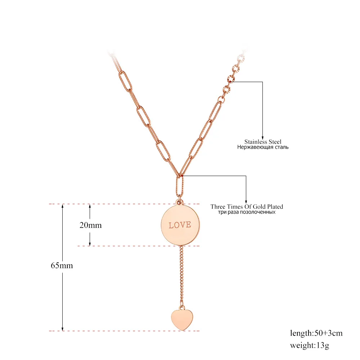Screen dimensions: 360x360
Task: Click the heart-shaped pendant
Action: click(180, 319)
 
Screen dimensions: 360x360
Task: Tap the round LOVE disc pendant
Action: click(180, 225)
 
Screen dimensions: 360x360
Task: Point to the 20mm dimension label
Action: click(90, 225)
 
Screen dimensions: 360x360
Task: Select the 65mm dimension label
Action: click(62, 266)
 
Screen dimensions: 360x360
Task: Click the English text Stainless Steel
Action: click(263, 142)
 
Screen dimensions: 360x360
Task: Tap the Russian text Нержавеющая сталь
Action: click(263, 147)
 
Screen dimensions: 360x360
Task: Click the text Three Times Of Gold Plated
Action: click(247, 207)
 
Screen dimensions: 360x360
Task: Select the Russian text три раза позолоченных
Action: click(247, 212)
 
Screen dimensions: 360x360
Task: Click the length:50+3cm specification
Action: click(316, 333)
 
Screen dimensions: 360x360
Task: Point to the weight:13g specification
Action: click(310, 346)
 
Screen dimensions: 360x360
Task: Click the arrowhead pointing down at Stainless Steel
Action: click(263, 136)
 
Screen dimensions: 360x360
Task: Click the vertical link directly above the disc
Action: click(179, 186)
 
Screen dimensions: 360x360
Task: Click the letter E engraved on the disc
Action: click(189, 225)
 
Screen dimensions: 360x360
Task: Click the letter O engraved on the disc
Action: click(177, 225)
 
